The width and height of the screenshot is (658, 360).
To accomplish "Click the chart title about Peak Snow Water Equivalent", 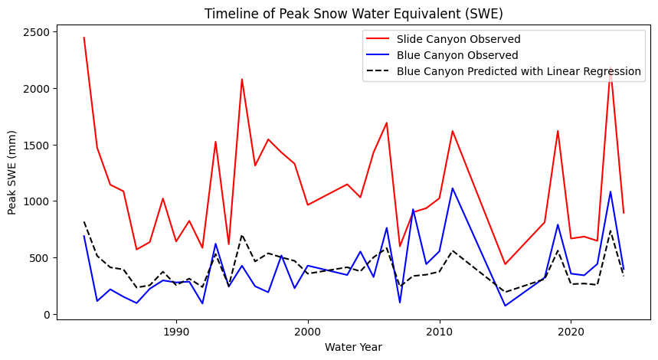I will [x=353, y=13].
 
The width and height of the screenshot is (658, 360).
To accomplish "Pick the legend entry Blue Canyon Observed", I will [x=457, y=55].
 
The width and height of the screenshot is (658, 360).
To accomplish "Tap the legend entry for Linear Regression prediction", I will [x=519, y=71].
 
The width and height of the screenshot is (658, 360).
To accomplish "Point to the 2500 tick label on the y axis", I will [x=38, y=32].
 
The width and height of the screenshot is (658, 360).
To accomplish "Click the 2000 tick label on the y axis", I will [x=38, y=89].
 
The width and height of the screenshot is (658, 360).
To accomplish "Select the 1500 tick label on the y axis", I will [x=38, y=145].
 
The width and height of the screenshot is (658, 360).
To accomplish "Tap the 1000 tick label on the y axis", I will [x=38, y=201].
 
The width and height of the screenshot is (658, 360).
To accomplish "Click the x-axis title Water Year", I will [x=353, y=347].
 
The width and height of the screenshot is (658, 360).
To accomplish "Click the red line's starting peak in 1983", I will [x=84, y=38].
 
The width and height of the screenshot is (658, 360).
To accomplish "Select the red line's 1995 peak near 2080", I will [x=242, y=79].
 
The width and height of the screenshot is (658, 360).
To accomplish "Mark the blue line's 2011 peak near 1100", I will [x=453, y=188].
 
